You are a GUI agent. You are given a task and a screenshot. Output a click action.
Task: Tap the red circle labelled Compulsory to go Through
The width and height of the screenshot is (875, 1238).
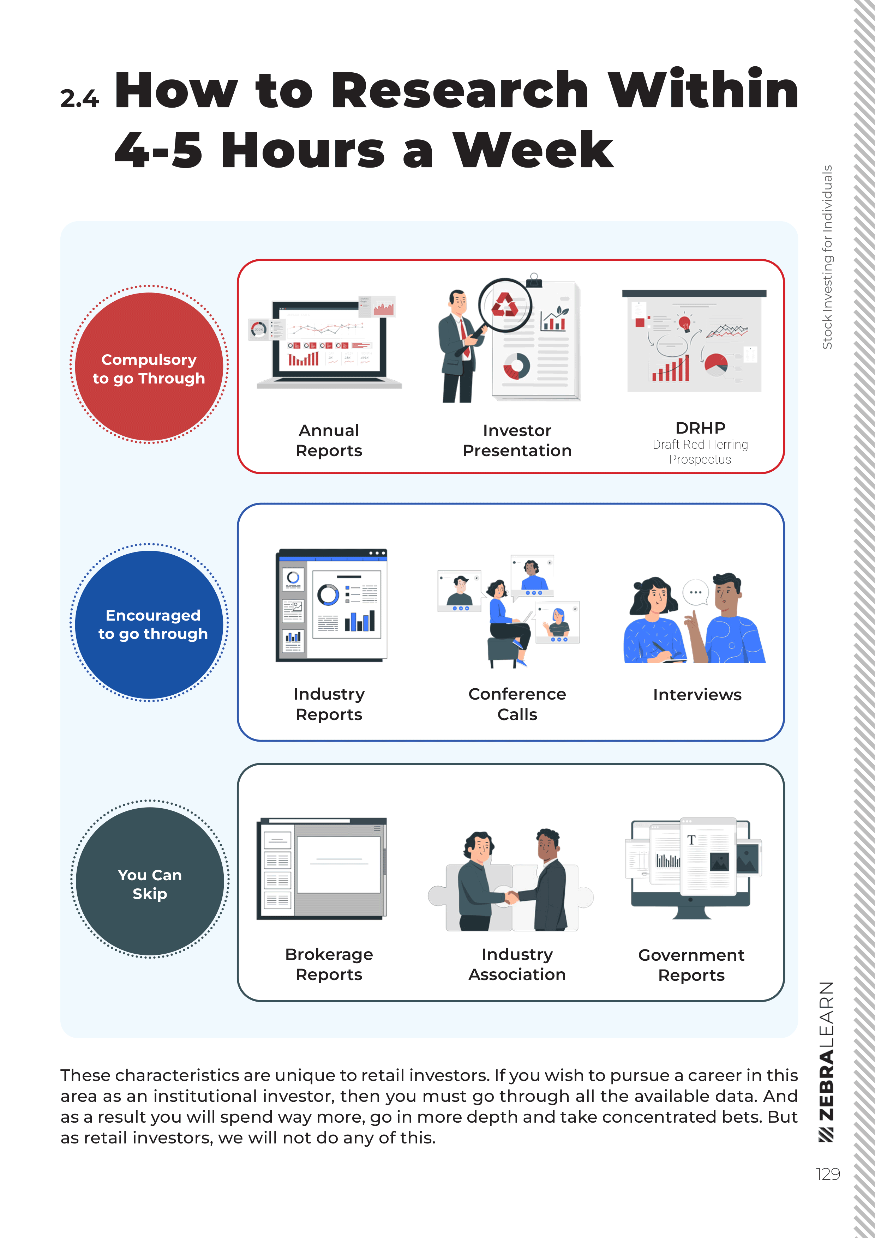click(x=149, y=367)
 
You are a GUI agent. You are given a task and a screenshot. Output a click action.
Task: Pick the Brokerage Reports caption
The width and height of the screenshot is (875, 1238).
click(x=329, y=964)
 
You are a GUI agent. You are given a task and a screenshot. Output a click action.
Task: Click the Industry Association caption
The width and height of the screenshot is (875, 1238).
click(x=517, y=964)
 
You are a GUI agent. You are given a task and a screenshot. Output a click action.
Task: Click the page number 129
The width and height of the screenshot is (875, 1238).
click(x=828, y=1174)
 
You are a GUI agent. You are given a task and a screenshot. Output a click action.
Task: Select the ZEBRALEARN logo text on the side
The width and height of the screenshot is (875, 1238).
click(x=826, y=1059)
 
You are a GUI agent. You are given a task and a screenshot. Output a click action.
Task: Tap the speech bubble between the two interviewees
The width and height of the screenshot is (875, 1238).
click(x=695, y=592)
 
